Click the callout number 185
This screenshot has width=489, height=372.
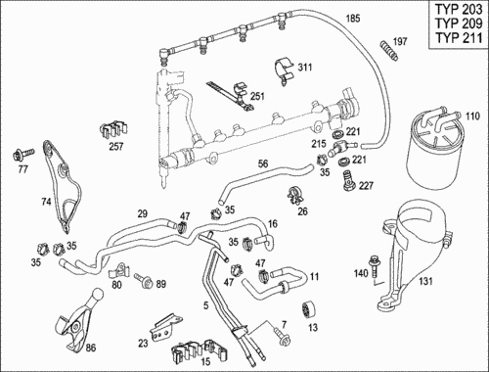pos(353,19)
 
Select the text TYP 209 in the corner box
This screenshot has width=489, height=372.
pos(459,23)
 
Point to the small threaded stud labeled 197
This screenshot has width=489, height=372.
pos(389,51)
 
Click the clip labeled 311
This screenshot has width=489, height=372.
pos(283,71)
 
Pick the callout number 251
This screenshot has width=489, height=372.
pos(257,96)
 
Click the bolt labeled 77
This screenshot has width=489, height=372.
pos(23,154)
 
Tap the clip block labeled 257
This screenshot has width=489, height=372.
pos(113,129)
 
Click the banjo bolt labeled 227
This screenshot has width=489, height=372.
pos(348,180)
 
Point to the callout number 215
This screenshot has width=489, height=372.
pos(319,143)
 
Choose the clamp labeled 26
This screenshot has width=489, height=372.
pos(295,194)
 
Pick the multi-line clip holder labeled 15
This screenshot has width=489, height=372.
pos(199,351)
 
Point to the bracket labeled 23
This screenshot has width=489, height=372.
pos(165,327)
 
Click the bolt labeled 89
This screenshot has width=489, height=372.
pos(144,280)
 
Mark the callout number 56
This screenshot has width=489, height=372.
pos(263,163)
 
